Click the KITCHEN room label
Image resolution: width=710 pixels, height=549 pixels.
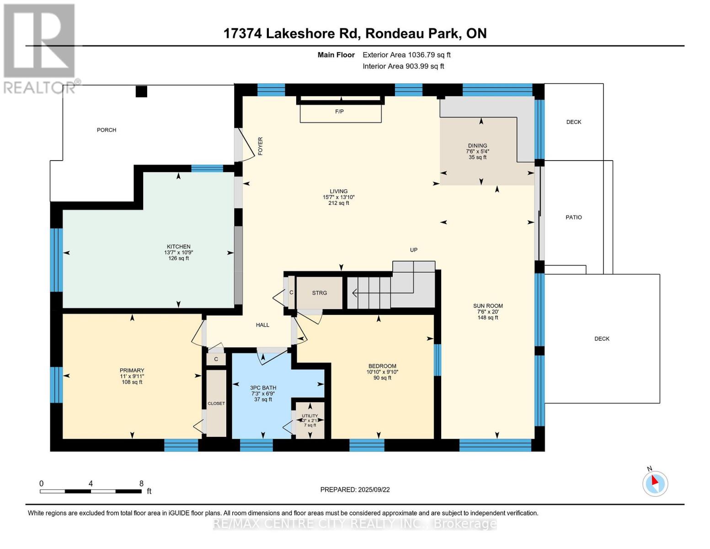coord(178,247)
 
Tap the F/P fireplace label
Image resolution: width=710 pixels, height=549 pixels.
coord(339,112)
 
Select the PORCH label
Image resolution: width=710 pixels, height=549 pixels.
coord(107,130)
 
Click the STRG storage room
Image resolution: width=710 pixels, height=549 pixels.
coord(320,293)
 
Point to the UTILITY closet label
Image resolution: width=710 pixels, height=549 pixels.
coord(310,416)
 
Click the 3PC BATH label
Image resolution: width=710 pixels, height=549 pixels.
coord(263,388)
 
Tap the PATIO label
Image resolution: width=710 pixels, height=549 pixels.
coord(573,217)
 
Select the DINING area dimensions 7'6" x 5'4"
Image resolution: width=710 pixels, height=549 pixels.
coord(477,151)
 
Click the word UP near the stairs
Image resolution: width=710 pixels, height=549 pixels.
coord(413,250)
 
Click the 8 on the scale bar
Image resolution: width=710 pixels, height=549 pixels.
coord(141,484)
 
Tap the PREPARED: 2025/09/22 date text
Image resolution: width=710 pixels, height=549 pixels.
coord(355,490)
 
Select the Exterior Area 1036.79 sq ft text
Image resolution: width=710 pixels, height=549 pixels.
coord(406,55)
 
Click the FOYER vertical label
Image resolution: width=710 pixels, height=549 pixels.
coord(261,146)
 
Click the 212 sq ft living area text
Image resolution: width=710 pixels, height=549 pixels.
coord(338,203)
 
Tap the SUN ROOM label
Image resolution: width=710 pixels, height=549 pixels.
coord(488,306)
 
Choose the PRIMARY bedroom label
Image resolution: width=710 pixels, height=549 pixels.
coord(132,371)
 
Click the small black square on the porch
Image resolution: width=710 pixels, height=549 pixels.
coord(141,91)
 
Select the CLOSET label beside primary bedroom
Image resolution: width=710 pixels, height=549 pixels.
coord(216,404)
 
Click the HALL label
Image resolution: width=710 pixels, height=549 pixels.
coord(262,325)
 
